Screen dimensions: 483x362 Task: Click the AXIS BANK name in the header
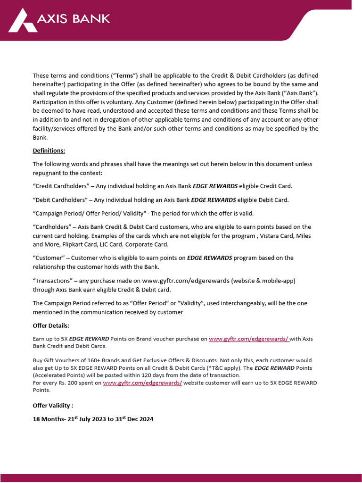pyautogui.click(x=73, y=19)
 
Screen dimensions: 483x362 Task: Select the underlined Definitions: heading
pyautogui.click(x=49, y=150)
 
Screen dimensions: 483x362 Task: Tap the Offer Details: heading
pyautogui.click(x=51, y=325)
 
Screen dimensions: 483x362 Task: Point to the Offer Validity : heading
pyautogui.click(x=53, y=405)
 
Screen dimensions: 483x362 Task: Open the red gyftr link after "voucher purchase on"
pyautogui.click(x=248, y=339)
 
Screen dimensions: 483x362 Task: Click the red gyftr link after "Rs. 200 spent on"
pyautogui.click(x=142, y=383)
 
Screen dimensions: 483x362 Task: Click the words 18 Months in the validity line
pyautogui.click(x=49, y=419)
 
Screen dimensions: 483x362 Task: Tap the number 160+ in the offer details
pyautogui.click(x=92, y=361)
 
